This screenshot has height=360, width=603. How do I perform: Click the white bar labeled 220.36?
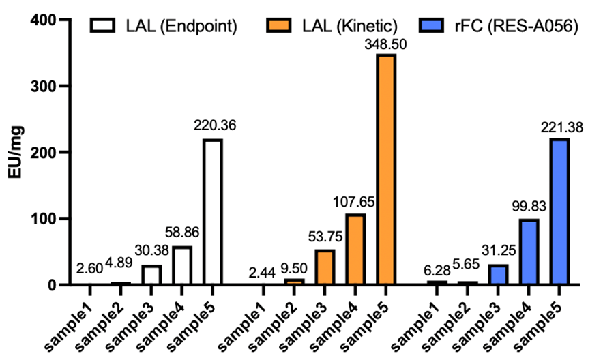pos(213,211)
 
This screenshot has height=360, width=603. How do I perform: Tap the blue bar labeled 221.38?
pos(559,211)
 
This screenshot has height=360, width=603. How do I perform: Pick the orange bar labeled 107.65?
pos(355,249)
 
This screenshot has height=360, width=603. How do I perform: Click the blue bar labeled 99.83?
pos(528,252)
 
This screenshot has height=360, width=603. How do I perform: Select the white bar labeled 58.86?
pos(182,265)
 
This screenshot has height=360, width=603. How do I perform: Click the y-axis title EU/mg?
pos(15,151)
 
